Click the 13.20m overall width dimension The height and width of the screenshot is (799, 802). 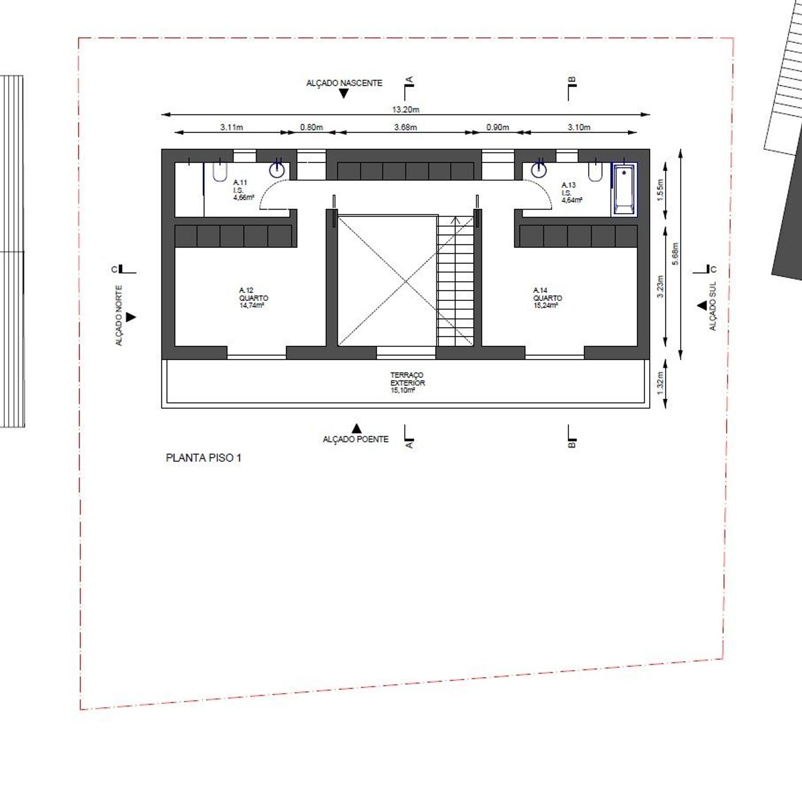(x=406, y=110)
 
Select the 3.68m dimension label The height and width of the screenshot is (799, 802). (x=405, y=127)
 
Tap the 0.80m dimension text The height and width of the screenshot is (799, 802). (x=311, y=127)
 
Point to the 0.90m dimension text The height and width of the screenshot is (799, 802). (x=497, y=127)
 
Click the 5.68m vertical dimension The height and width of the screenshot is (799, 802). (x=675, y=254)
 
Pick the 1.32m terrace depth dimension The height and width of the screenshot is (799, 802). (x=660, y=383)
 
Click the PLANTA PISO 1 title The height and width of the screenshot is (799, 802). (x=203, y=458)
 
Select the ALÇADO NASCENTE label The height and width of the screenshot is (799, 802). (x=344, y=83)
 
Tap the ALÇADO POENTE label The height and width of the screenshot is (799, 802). (x=356, y=439)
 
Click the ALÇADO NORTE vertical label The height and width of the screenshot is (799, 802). (x=119, y=315)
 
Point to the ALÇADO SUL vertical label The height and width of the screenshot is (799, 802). (x=712, y=306)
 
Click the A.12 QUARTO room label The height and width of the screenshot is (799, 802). (x=253, y=298)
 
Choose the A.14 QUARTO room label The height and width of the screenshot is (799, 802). (x=547, y=298)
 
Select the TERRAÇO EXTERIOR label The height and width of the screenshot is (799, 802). (x=407, y=383)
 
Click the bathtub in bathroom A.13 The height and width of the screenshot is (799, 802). (x=624, y=190)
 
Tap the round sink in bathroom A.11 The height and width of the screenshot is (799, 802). (x=277, y=169)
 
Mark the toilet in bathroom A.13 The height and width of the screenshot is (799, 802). (x=595, y=172)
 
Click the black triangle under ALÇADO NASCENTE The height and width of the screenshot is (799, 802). (x=344, y=94)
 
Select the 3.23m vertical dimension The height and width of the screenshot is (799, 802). (x=660, y=287)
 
